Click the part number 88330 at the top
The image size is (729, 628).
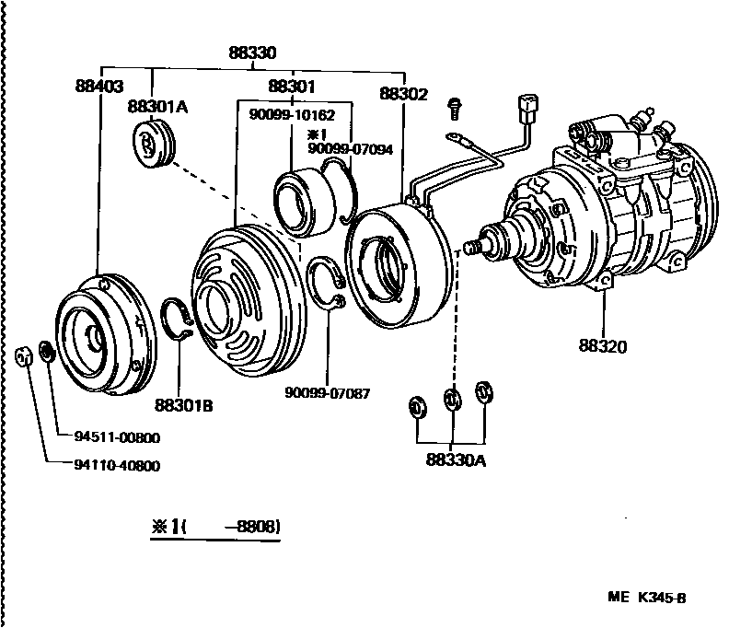(253, 53)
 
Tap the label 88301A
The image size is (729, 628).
(157, 107)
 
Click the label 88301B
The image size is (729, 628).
(183, 404)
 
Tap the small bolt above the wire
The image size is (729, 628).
(454, 108)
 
